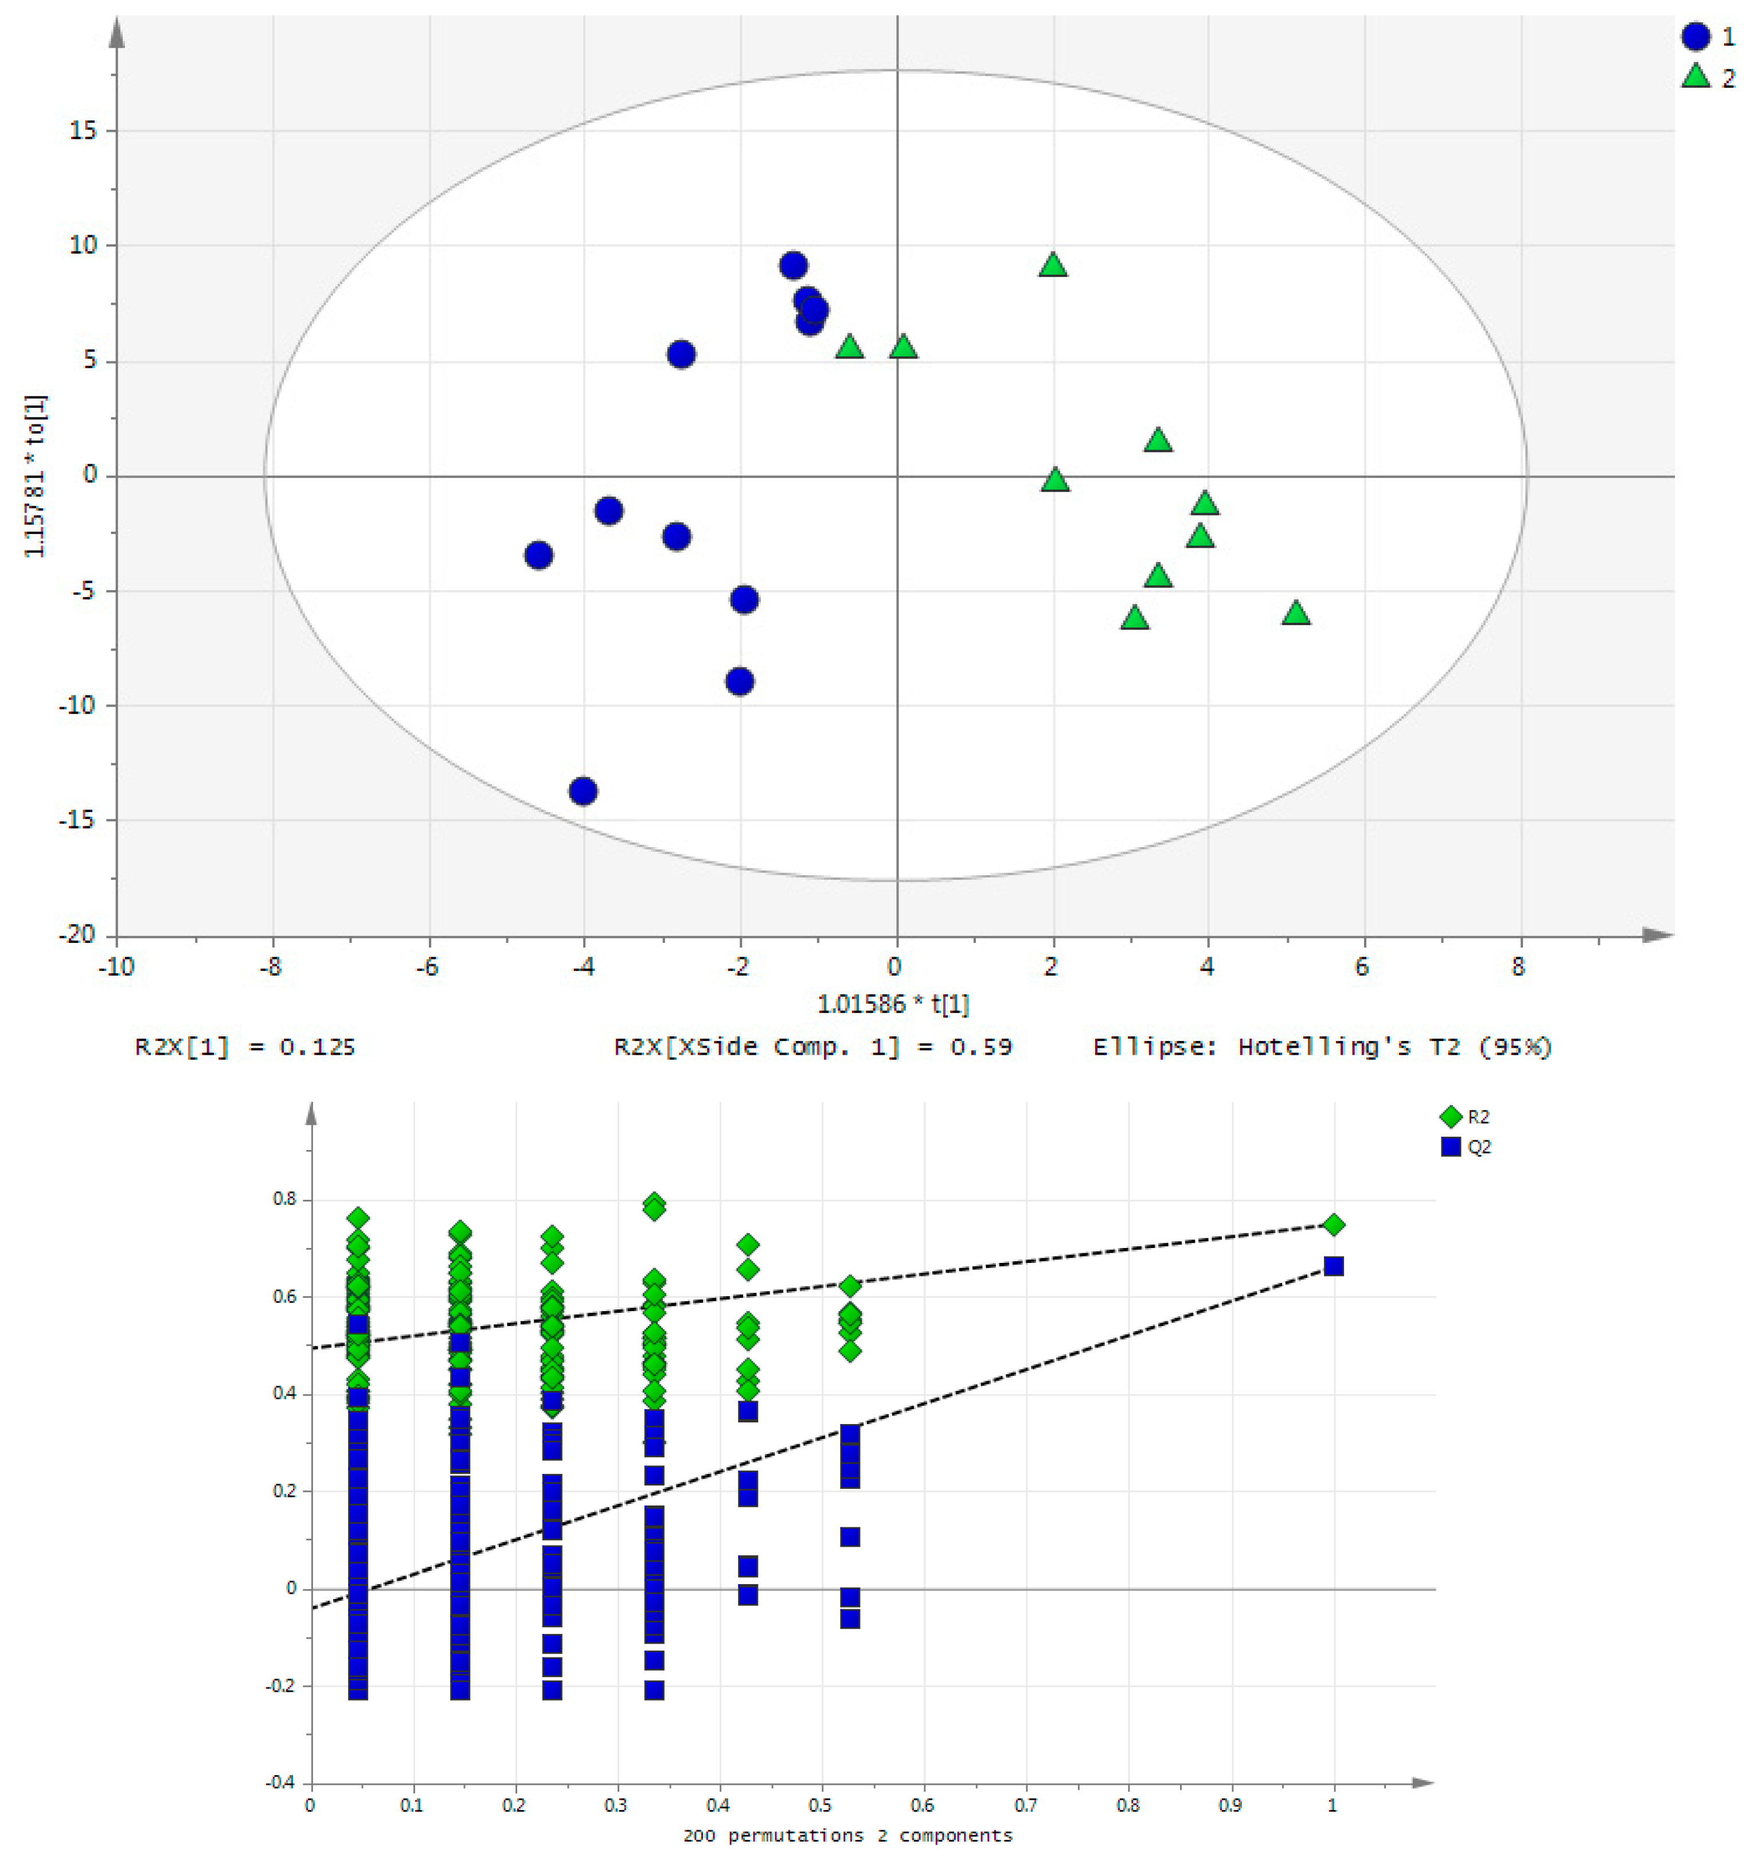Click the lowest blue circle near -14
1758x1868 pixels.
point(584,791)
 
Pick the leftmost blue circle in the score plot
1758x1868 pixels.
point(538,555)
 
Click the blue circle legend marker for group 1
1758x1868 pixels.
point(1696,37)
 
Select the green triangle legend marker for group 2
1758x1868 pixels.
point(1696,77)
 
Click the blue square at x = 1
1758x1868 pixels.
point(1333,1266)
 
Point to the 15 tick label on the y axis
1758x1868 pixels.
point(83,131)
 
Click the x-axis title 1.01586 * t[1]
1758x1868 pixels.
point(893,1004)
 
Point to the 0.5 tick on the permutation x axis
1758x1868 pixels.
point(821,1805)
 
